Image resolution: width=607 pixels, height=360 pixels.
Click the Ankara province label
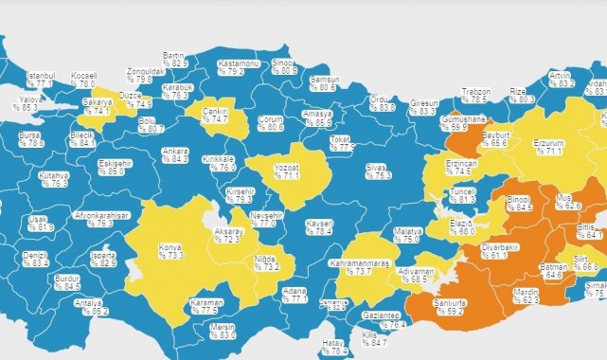pyautogui.click(x=174, y=154)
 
